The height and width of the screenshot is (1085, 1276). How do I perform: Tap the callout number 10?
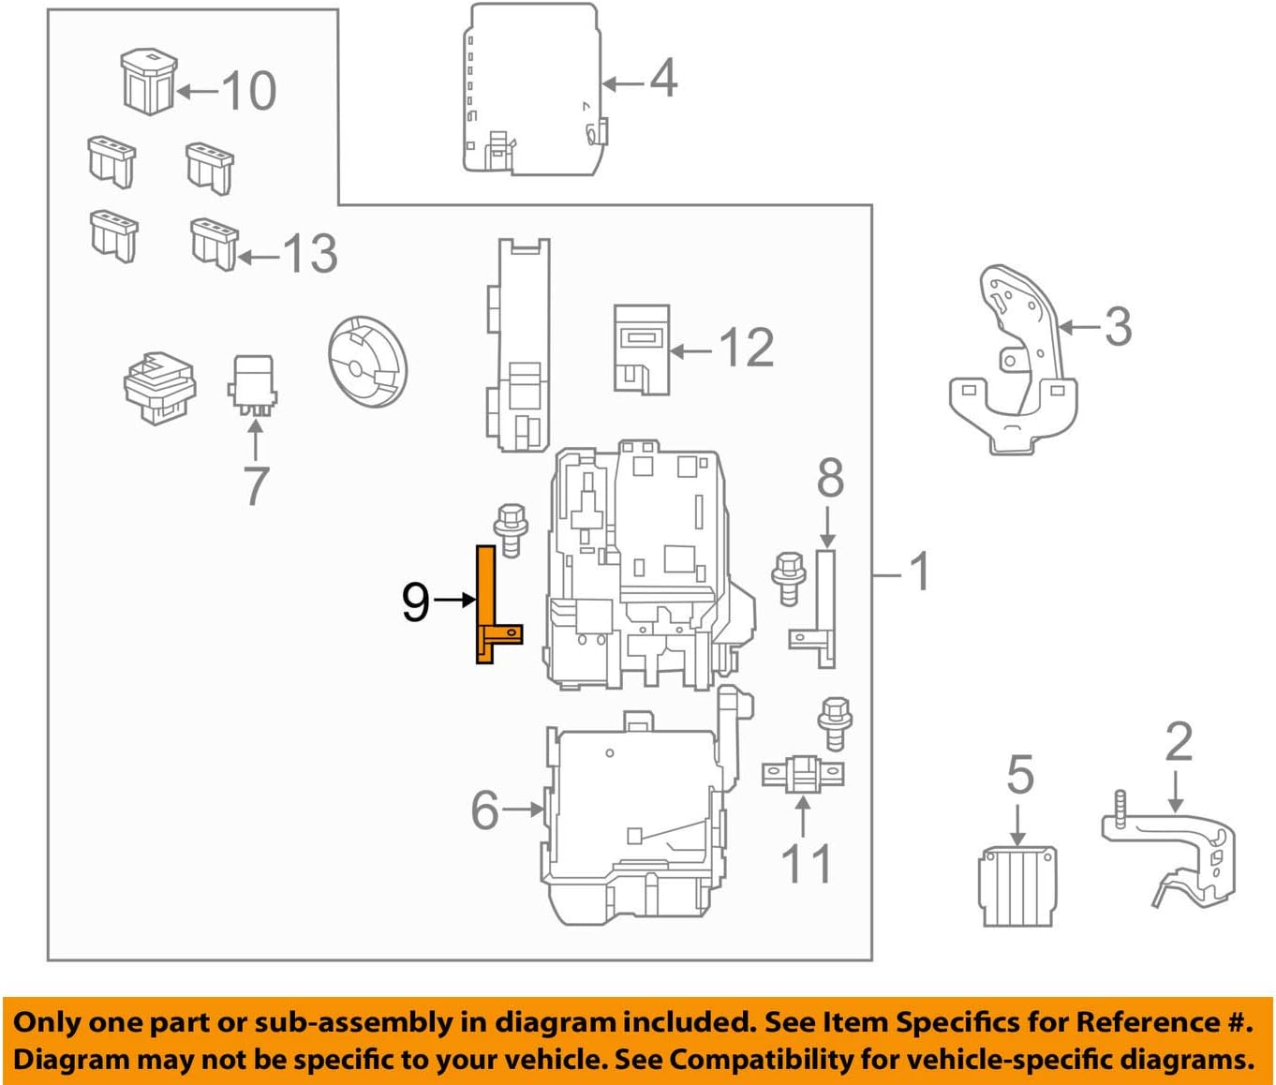point(249,91)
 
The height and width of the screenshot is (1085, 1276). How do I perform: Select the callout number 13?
point(309,254)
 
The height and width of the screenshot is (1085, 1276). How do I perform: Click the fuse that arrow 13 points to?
point(214,244)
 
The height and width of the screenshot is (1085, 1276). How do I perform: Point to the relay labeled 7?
point(253,384)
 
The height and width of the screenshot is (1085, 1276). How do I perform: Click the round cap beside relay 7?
point(367,361)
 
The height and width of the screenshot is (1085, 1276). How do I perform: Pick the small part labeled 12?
point(642,349)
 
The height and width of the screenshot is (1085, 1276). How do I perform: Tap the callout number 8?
point(830,479)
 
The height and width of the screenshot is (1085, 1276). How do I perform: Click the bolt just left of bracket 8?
point(790,577)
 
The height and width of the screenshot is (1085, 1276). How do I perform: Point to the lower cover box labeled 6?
point(632,820)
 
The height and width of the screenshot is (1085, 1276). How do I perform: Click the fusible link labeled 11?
point(803,774)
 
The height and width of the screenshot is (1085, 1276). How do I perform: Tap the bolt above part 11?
point(834,722)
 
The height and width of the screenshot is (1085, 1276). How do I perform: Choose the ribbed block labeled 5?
point(1017,885)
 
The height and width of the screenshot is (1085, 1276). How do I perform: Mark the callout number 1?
point(920,572)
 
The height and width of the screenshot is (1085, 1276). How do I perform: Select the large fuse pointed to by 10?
point(148,82)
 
